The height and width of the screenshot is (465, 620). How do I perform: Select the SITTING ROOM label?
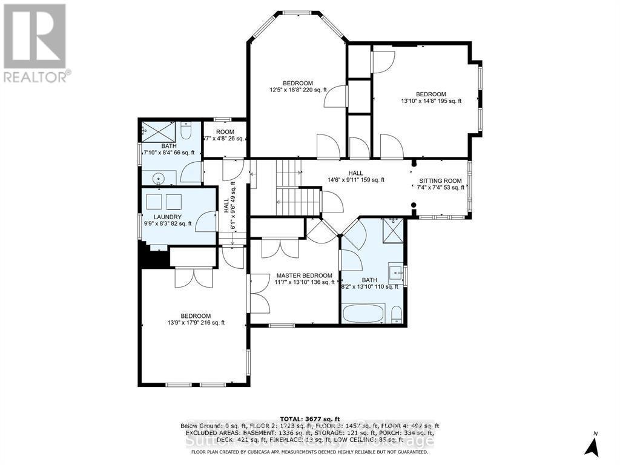coord(440,180)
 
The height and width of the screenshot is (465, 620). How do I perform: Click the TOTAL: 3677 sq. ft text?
coord(309,418)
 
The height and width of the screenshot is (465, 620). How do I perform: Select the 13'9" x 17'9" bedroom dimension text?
coord(195,323)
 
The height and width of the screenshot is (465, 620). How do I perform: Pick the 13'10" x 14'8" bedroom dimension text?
coord(430,101)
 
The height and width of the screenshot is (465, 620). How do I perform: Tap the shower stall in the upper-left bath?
coord(160,131)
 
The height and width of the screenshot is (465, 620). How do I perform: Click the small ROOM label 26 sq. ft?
coord(225,132)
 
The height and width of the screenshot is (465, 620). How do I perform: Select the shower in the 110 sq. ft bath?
coord(394,230)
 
